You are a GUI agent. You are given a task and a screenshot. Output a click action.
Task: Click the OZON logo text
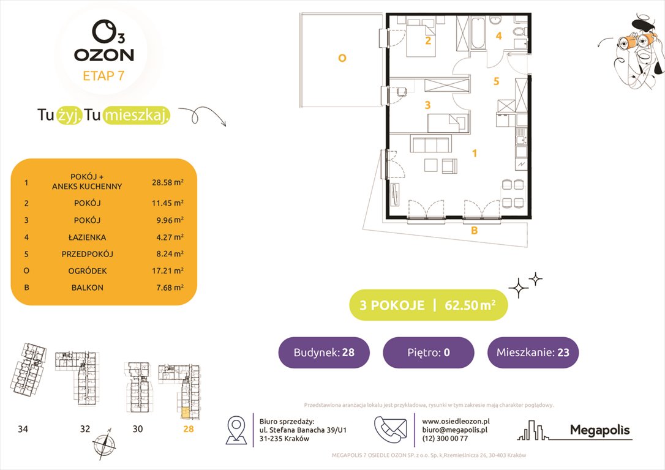coord(103,54)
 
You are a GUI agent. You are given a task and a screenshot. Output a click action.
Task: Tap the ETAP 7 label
coord(103,76)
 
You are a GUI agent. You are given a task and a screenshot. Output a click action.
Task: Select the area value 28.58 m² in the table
coord(168,182)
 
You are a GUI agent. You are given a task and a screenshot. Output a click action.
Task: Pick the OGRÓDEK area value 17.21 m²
coord(168,270)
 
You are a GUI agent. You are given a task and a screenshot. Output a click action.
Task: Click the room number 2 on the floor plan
coord(428,41)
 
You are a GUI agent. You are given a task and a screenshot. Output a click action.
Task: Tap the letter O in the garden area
coord(342,58)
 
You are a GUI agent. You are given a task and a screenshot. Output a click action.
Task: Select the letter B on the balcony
coord(473,231)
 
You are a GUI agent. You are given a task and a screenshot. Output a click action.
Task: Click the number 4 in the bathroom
coord(498,36)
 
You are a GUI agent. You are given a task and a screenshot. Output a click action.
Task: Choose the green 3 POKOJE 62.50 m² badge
coord(428,305)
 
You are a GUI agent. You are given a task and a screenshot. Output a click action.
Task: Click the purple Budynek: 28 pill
coord(324,352)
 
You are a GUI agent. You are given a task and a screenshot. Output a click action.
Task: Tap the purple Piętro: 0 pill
coord(428,352)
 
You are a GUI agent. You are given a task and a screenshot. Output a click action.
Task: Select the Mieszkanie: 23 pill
coord(533,352)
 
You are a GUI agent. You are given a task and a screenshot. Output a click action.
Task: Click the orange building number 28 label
coord(188,429)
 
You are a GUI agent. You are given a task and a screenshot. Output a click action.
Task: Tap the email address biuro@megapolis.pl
coord(454,430)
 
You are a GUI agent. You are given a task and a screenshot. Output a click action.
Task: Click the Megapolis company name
coord(599,430)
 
